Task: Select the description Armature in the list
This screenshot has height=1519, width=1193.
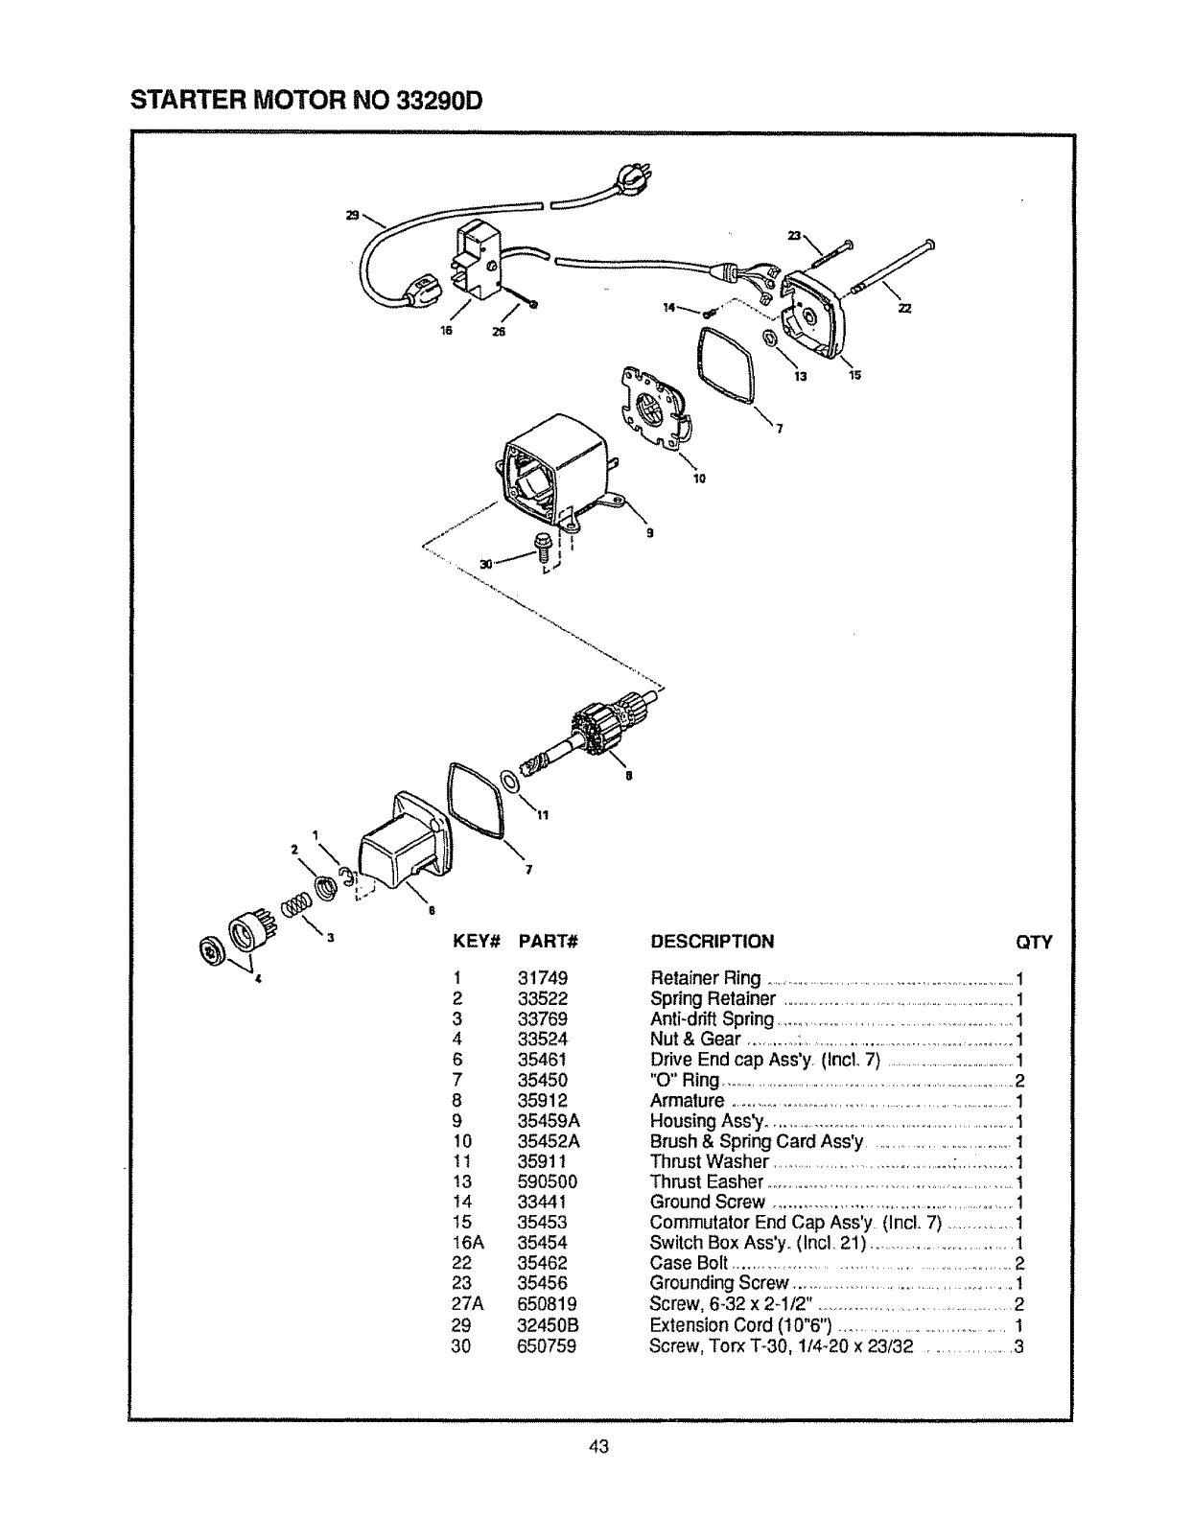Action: (688, 1101)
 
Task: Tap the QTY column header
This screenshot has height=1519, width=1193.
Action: (1034, 942)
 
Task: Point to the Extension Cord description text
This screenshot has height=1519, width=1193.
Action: (739, 1326)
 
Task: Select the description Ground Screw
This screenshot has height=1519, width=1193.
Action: (708, 1203)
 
